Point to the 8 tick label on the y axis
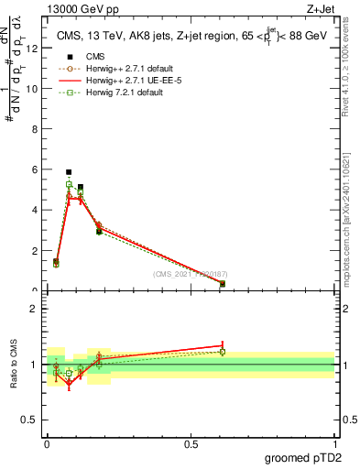point(34,129)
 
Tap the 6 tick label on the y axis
point(34,169)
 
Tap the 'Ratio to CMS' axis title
point(15,364)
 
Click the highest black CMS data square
point(69,172)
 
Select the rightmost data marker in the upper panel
point(223,284)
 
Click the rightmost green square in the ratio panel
point(223,352)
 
